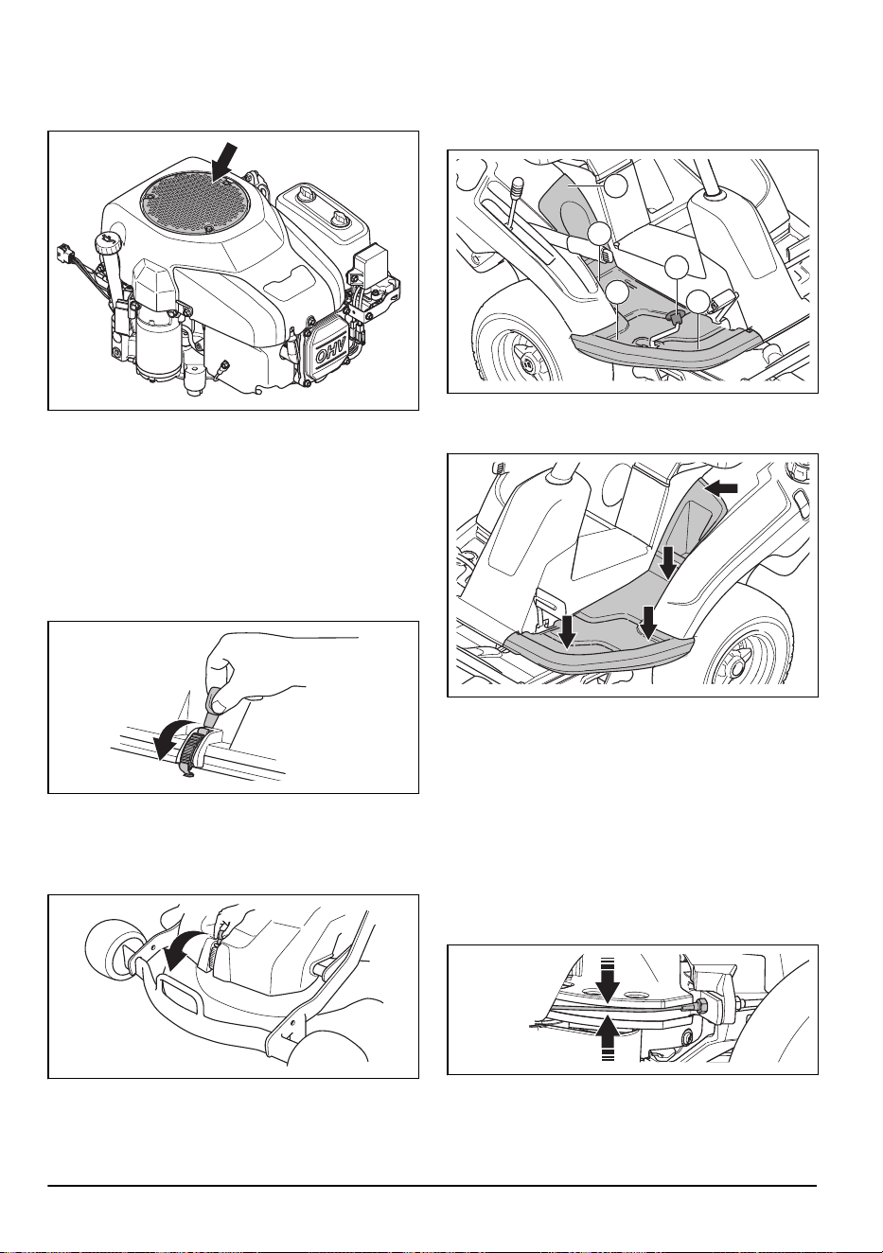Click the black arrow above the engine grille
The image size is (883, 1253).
(x=224, y=163)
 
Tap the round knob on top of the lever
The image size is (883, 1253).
(x=519, y=184)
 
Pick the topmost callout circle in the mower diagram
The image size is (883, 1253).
(x=616, y=185)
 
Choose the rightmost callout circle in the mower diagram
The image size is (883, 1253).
(x=698, y=301)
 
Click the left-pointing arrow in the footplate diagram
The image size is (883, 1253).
(x=721, y=488)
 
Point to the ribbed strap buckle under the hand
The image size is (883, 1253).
(x=189, y=747)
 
